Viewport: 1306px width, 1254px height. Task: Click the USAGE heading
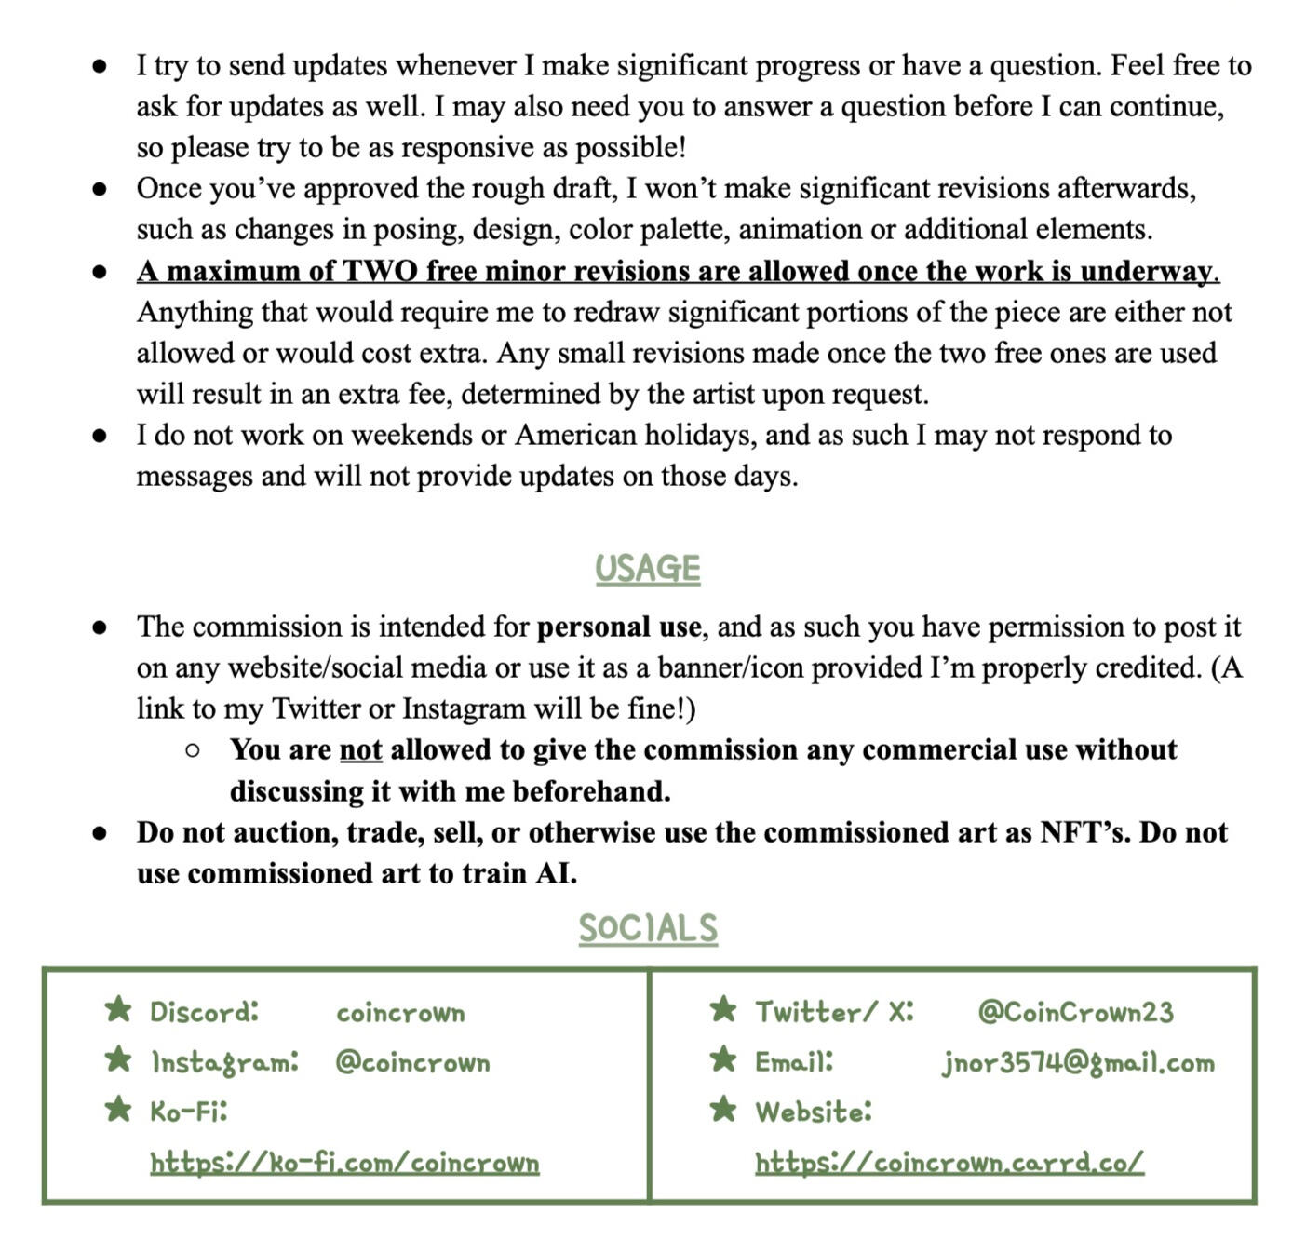point(647,568)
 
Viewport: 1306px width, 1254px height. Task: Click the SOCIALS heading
point(648,928)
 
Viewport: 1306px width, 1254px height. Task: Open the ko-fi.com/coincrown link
point(344,1163)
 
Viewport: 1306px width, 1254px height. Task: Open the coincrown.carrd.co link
point(949,1163)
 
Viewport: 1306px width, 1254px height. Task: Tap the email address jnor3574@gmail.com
point(1078,1062)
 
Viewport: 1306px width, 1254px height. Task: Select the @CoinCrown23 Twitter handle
point(1075,1012)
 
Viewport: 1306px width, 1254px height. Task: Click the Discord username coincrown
point(400,1013)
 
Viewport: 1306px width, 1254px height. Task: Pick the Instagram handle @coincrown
point(412,1062)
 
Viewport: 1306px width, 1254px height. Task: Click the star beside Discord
point(118,1009)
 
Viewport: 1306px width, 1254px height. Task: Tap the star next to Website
point(723,1109)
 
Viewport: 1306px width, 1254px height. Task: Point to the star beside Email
point(723,1058)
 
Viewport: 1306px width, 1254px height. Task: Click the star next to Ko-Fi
point(118,1109)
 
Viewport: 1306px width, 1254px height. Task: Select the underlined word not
point(360,749)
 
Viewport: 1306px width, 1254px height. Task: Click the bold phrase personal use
point(619,627)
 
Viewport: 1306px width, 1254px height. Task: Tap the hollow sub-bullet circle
point(192,750)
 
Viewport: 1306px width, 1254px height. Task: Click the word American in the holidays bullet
point(576,435)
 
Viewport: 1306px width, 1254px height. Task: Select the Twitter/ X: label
point(834,1012)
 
